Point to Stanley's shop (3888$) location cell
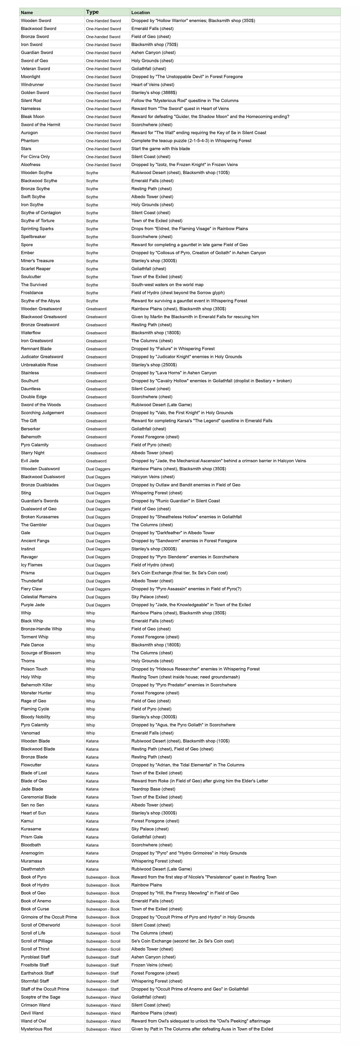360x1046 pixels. [x=154, y=93]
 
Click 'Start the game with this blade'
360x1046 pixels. [x=160, y=149]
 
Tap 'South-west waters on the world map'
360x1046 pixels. [x=167, y=285]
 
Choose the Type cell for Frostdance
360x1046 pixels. [x=92, y=293]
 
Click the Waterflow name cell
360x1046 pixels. [x=31, y=333]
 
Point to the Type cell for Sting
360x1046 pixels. [x=98, y=493]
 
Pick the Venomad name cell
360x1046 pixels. [x=30, y=733]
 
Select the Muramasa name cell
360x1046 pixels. [x=31, y=861]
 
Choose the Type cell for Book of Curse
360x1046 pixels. [x=103, y=909]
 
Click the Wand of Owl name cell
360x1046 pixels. [x=33, y=1021]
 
